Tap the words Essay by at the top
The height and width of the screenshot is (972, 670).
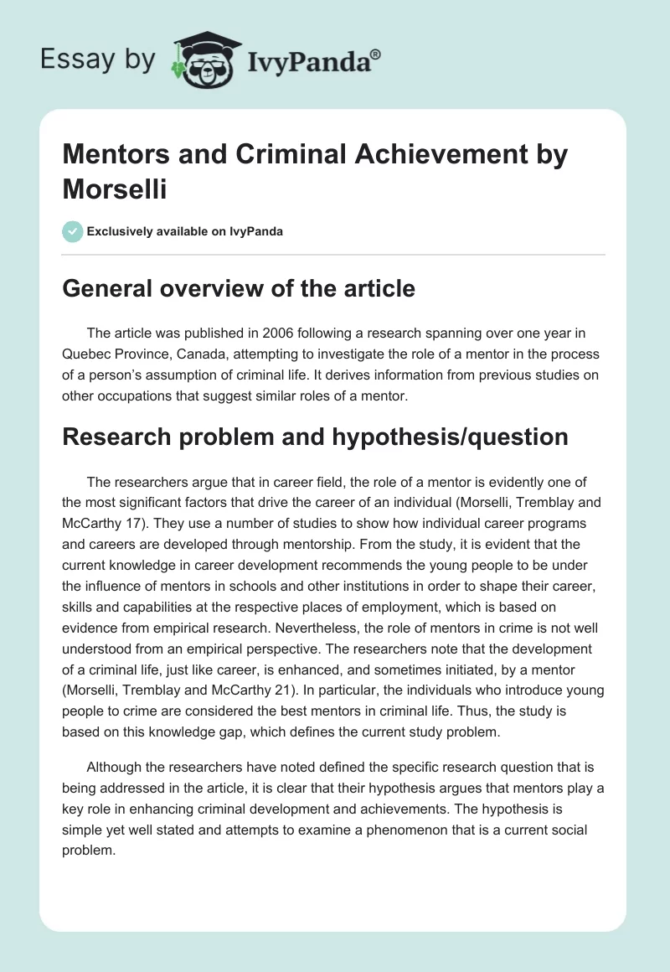click(x=98, y=59)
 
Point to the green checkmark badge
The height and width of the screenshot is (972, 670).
click(x=72, y=231)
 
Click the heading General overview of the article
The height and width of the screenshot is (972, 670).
click(x=240, y=288)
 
